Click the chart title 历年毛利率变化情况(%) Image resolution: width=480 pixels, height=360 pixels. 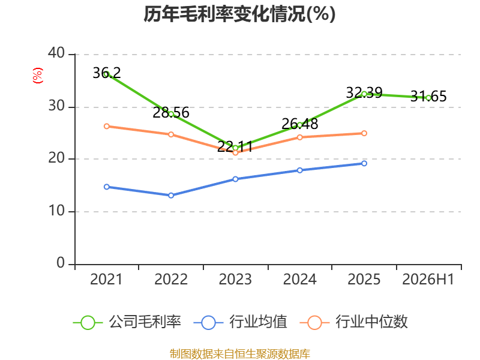tap(239, 14)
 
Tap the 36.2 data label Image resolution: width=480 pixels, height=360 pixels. tap(107, 73)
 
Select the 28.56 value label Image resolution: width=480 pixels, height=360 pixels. tap(171, 113)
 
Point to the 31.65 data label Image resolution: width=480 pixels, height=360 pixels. tap(428, 97)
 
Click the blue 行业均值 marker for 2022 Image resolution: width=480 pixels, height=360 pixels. tap(171, 196)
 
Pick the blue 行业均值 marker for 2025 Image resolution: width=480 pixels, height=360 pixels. tap(364, 163)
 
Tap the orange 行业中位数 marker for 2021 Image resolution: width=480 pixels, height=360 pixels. tap(107, 126)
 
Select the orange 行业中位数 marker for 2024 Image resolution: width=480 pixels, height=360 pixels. tap(299, 137)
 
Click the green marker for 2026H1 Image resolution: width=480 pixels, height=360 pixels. tap(428, 98)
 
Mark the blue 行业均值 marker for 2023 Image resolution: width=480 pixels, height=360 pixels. tap(235, 179)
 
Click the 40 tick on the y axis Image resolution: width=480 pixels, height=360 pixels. tap(56, 53)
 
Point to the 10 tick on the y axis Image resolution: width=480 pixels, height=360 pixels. tap(56, 211)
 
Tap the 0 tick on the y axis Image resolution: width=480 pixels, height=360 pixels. tap(61, 263)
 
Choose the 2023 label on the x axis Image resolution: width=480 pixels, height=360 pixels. tap(235, 279)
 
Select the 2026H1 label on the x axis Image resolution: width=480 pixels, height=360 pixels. tap(428, 279)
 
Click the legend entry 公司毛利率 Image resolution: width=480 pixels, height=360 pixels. tap(127, 322)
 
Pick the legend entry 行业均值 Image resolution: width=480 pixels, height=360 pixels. tap(241, 322)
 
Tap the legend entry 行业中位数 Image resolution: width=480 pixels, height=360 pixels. tap(354, 322)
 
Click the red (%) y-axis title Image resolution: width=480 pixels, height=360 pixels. tap(38, 76)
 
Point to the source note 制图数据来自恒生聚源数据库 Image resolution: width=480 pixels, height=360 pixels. tap(240, 354)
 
